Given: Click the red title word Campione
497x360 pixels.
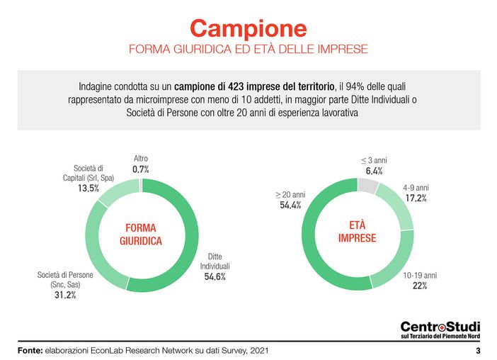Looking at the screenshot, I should [x=248, y=28].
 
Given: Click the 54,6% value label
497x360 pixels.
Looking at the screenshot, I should [x=215, y=276].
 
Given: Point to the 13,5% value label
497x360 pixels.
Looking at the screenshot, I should [x=88, y=189].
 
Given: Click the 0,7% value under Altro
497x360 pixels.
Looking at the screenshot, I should [x=142, y=170].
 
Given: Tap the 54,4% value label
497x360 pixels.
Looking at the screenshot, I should [x=290, y=205].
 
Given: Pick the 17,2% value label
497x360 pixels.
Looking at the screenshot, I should [x=415, y=198].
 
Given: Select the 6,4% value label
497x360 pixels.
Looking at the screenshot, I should [x=373, y=171].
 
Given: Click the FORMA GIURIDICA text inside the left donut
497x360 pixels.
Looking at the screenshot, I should [x=140, y=235].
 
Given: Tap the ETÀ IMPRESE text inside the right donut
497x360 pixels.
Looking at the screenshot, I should [x=358, y=231].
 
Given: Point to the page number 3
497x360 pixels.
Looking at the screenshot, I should [x=478, y=351].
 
